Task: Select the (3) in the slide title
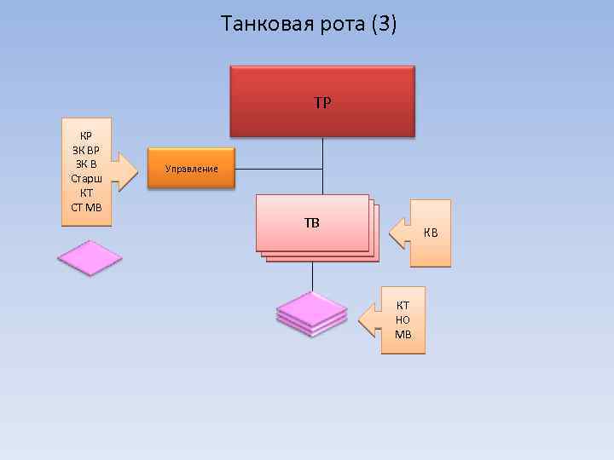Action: (x=384, y=24)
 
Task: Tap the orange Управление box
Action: (x=192, y=169)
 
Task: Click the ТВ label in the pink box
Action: (x=312, y=224)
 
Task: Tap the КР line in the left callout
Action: (x=86, y=135)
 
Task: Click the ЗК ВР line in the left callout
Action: (x=86, y=150)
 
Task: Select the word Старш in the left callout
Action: (x=86, y=179)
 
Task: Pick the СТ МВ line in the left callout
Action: (x=86, y=208)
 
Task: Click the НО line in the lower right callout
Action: (x=403, y=319)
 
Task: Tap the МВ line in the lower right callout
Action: (x=403, y=334)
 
